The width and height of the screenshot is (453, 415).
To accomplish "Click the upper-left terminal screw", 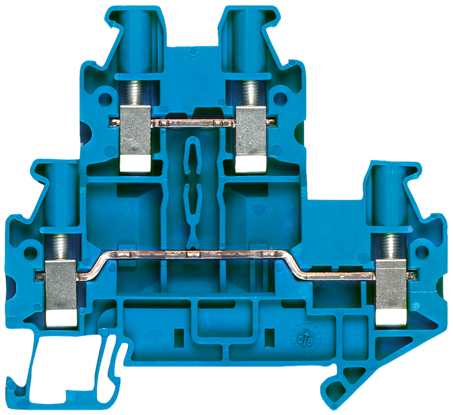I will point(137,95).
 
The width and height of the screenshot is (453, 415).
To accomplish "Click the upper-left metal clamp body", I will point(137,129).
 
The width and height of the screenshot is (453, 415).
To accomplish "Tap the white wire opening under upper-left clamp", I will point(137,164).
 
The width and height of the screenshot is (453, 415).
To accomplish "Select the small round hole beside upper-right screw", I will point(278,100).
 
